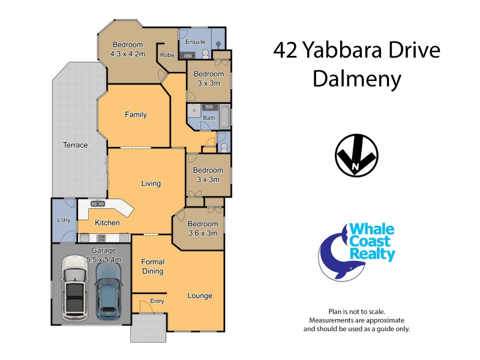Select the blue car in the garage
(109, 289)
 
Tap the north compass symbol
(356, 155)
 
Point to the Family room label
(136, 115)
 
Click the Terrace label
(76, 145)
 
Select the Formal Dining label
(152, 266)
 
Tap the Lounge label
(200, 296)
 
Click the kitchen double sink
(98, 205)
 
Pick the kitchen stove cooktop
(101, 238)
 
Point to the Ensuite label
(195, 42)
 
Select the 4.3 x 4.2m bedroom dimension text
(127, 53)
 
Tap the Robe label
(166, 55)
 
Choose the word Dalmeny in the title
(356, 79)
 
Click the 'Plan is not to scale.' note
(356, 311)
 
